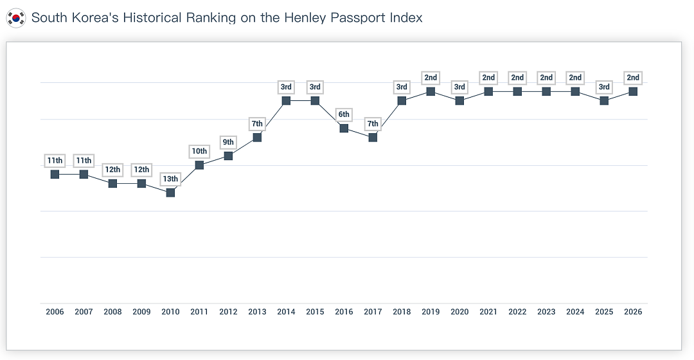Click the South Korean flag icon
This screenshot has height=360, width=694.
(x=16, y=18)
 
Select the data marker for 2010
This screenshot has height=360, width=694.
(x=170, y=193)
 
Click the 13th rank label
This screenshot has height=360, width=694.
(x=170, y=179)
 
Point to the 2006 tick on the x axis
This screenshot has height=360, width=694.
(x=55, y=312)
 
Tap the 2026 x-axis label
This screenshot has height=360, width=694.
(x=633, y=312)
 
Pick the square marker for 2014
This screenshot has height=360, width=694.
(x=286, y=100)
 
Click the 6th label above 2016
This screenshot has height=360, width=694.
(x=344, y=114)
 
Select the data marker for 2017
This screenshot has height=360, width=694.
(x=373, y=138)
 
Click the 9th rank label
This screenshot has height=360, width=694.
(x=228, y=142)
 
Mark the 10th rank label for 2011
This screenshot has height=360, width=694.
(x=199, y=152)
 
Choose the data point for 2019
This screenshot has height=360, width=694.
(x=431, y=91)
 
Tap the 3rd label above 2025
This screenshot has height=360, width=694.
(x=604, y=87)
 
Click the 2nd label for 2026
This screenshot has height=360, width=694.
(x=633, y=78)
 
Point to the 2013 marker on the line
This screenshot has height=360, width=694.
(x=257, y=138)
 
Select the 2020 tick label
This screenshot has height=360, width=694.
(x=459, y=312)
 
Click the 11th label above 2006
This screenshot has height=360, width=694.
(x=55, y=161)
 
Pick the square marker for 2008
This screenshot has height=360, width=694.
(x=113, y=183)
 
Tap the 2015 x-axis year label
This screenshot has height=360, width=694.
(x=315, y=312)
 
